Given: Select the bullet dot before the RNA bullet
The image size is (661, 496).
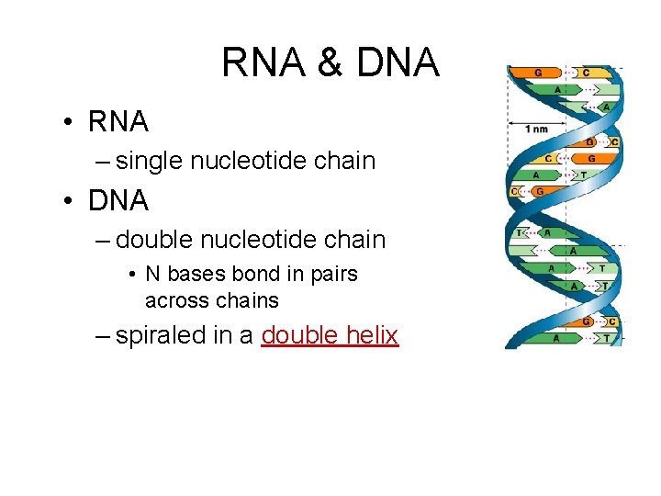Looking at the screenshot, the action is tap(69, 121).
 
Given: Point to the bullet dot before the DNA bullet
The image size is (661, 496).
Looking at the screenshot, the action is tap(69, 200).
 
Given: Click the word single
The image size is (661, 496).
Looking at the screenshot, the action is tap(150, 161).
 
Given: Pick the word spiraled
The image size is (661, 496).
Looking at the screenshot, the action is tap(161, 336).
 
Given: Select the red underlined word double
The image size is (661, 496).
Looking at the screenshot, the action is tap(299, 335).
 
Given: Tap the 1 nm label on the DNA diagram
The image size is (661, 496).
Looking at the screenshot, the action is tap(536, 129).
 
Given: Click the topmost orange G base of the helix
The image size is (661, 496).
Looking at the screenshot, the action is tap(538, 72).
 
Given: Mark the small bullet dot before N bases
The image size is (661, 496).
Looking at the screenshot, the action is tap(133, 275).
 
